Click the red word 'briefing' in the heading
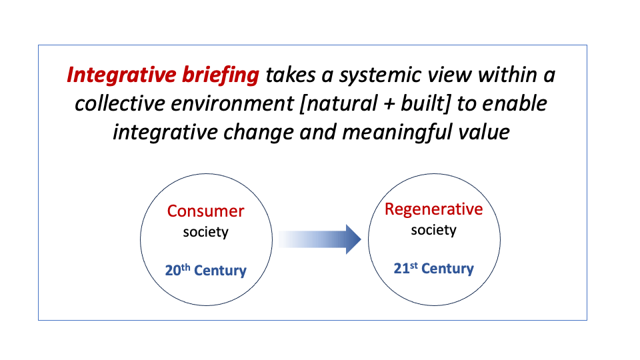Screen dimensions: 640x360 [221, 75]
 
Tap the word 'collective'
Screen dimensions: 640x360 [119, 103]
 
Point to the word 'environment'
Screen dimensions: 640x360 [232, 104]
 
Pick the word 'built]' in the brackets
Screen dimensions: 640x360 [425, 103]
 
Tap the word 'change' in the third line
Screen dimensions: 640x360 [259, 133]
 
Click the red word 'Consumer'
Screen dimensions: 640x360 [206, 211]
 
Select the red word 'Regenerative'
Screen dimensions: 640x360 [434, 209]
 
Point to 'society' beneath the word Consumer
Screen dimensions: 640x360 [206, 232]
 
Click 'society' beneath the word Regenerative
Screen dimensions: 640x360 [434, 230]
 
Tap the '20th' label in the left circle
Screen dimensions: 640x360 [177, 270]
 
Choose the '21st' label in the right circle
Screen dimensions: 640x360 [406, 268]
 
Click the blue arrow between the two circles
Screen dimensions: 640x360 [320, 239]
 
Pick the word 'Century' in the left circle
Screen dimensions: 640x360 [221, 270]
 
